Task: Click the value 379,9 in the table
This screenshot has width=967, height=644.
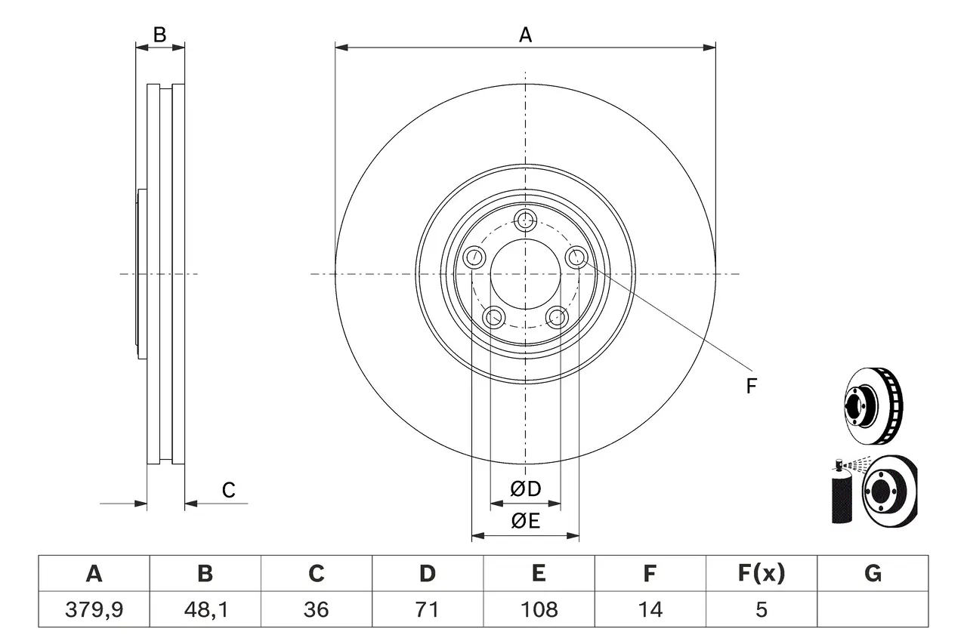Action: click(94, 609)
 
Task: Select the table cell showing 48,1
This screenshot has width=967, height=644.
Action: click(205, 609)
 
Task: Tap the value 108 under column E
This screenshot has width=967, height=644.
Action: click(539, 609)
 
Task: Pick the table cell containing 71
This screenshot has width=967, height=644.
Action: click(428, 609)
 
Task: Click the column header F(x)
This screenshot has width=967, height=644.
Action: click(761, 574)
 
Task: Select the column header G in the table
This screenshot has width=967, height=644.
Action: click(873, 574)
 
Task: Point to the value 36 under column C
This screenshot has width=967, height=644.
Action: click(317, 609)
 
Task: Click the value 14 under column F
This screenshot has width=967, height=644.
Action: click(650, 609)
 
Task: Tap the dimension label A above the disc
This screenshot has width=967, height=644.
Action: click(525, 34)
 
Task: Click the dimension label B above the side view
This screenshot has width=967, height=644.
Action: click(159, 34)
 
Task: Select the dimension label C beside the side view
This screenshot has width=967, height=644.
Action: click(228, 490)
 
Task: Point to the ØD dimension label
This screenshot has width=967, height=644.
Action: click(526, 489)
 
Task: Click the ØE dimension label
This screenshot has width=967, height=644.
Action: click(526, 521)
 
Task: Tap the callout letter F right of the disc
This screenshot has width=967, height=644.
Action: click(751, 387)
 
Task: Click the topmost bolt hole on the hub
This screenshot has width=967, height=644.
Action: click(525, 221)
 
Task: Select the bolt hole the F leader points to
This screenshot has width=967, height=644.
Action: click(577, 257)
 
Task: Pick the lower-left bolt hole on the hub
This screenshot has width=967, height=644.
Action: click(494, 317)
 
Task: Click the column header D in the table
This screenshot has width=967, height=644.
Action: click(428, 574)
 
